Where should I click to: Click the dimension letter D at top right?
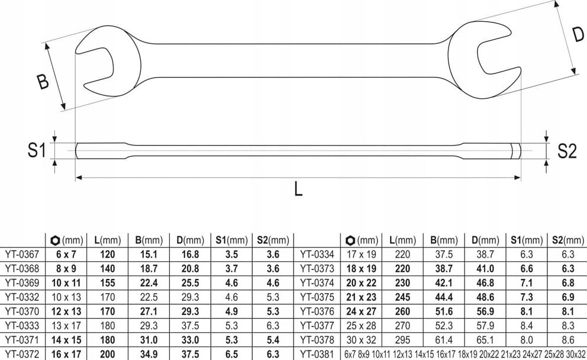click(578, 35)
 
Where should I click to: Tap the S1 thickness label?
click(36, 150)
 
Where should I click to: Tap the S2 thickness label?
click(567, 151)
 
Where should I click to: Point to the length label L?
click(298, 189)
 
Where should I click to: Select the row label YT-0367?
click(22, 255)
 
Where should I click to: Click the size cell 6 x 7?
click(66, 255)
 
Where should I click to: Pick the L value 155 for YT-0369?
click(108, 283)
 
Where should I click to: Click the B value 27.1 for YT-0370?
click(149, 311)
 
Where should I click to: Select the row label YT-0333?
click(22, 326)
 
